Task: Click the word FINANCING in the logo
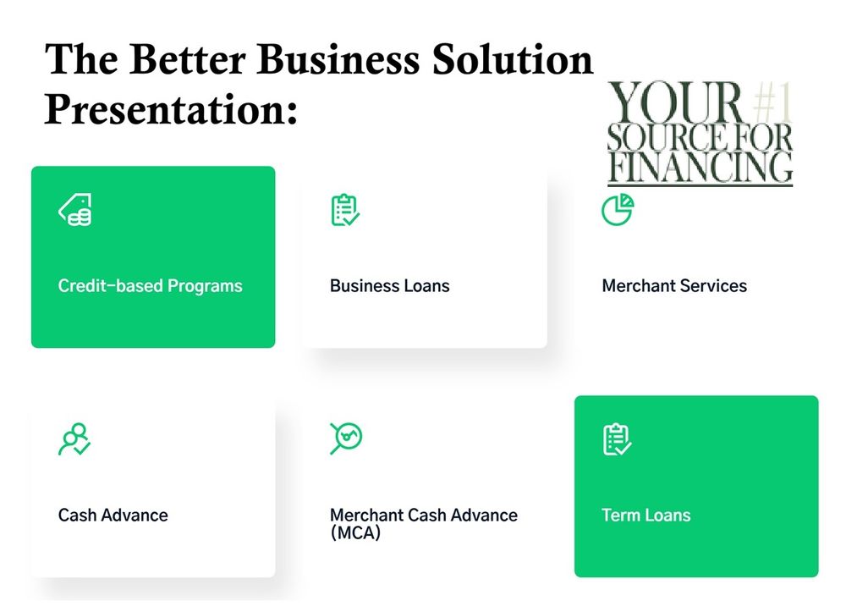pyautogui.click(x=700, y=167)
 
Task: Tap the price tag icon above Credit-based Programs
pyautogui.click(x=75, y=210)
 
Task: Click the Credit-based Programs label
pyautogui.click(x=150, y=286)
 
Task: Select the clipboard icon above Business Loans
pyautogui.click(x=345, y=210)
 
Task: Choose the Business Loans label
pyautogui.click(x=389, y=286)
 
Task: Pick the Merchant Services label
pyautogui.click(x=674, y=286)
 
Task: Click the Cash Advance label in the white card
pyautogui.click(x=113, y=515)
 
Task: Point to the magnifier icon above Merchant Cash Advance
pyautogui.click(x=345, y=438)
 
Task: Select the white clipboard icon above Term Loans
pyautogui.click(x=618, y=439)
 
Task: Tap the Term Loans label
pyautogui.click(x=645, y=515)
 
